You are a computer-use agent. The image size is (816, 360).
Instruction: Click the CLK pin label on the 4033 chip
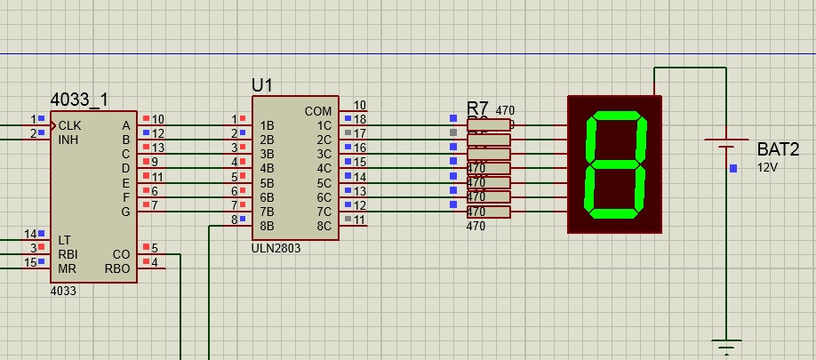click(x=70, y=125)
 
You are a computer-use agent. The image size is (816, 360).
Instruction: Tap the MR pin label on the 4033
click(x=68, y=268)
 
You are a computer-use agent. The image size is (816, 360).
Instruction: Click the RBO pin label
click(x=117, y=268)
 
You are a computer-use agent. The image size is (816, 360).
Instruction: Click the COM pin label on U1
click(x=318, y=111)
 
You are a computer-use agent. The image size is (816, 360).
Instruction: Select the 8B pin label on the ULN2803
click(x=267, y=226)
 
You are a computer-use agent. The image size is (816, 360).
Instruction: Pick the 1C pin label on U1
click(x=324, y=125)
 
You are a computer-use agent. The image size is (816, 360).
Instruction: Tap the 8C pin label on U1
click(x=324, y=226)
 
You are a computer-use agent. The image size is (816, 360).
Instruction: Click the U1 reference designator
click(x=262, y=85)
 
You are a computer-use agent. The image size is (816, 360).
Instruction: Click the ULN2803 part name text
click(x=276, y=248)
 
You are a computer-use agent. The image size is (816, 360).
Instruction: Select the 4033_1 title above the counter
click(x=80, y=100)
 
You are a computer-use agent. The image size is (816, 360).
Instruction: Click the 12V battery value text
click(x=767, y=167)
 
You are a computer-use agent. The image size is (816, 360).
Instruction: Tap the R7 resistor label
click(x=478, y=108)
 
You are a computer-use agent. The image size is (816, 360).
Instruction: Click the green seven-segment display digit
click(x=614, y=164)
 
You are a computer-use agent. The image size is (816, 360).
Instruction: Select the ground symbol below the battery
click(x=726, y=348)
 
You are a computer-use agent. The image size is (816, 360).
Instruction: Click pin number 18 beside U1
click(x=360, y=119)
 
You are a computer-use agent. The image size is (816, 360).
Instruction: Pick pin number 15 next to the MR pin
click(x=30, y=262)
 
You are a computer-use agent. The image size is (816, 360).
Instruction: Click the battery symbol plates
click(x=726, y=145)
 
